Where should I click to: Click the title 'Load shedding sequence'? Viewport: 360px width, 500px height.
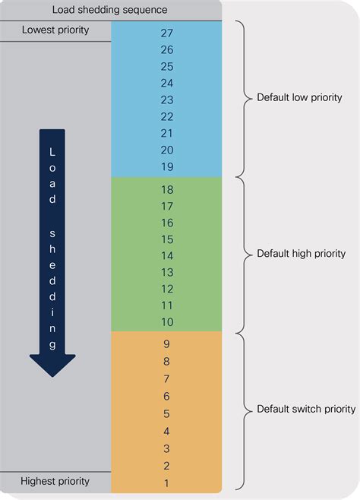point(109,10)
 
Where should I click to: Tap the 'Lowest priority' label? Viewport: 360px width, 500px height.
point(55,30)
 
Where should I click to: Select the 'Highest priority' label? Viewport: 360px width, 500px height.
point(55,481)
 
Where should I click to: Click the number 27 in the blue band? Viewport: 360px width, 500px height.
point(167,33)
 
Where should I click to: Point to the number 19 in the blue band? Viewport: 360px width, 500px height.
point(167,166)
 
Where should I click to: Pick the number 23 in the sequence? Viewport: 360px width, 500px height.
point(167,100)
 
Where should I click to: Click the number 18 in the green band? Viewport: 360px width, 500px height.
point(167,190)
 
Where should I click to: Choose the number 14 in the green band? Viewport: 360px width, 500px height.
point(167,256)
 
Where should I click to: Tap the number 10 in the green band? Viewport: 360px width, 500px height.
point(167,322)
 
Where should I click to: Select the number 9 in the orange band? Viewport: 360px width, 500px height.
point(166,344)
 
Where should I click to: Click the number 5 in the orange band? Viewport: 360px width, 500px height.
point(166,414)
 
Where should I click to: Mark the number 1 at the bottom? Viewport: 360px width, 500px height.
point(166,483)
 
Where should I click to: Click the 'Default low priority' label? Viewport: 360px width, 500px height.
point(299,97)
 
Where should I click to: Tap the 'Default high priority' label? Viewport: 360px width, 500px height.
point(301,254)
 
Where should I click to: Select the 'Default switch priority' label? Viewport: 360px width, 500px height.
point(306,409)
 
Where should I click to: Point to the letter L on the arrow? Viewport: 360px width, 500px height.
point(52,152)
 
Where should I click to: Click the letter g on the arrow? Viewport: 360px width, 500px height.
point(52,345)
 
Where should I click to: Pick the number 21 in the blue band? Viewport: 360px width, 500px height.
point(167,133)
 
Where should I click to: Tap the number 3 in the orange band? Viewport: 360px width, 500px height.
point(166,448)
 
